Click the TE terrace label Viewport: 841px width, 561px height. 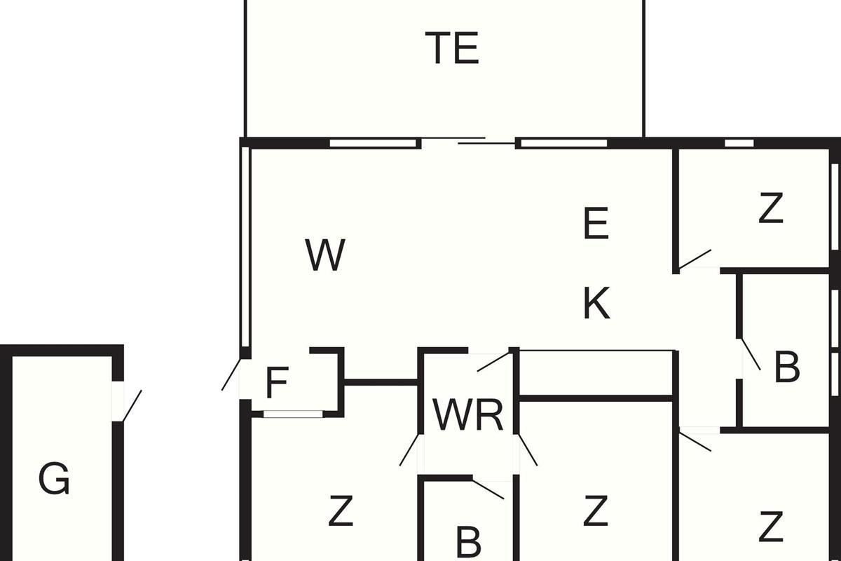point(452,48)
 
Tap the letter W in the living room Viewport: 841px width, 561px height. point(325,255)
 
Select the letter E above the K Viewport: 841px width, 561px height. point(596,223)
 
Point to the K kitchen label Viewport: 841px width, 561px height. point(597,303)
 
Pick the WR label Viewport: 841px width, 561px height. point(467,415)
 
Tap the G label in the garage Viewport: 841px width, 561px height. point(54,479)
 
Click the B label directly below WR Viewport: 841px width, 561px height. point(469,542)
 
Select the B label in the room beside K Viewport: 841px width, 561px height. point(787,367)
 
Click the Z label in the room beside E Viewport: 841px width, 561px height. point(771,208)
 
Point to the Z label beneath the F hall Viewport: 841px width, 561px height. point(341,511)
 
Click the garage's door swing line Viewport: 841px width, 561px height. point(132,405)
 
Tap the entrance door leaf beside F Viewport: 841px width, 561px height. point(231,374)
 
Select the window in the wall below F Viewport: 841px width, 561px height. point(293,414)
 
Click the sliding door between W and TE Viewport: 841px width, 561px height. point(468,140)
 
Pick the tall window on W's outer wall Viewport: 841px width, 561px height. point(245,248)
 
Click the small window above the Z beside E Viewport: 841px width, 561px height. point(739,143)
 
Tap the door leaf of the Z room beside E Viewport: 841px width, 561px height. point(695,259)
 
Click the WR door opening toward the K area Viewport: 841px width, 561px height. point(493,361)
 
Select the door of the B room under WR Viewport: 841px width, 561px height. point(488,489)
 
